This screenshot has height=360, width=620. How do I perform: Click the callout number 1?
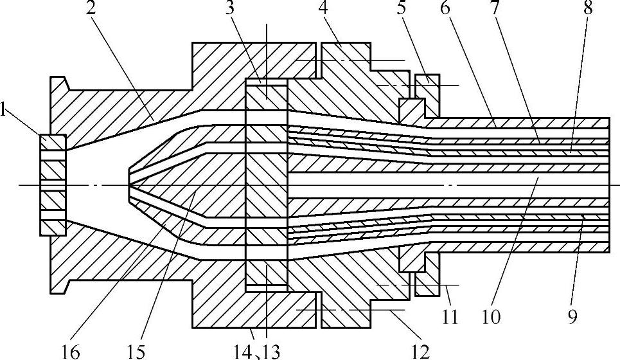point(5,111)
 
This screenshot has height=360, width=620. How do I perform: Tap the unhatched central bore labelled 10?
point(450,184)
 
